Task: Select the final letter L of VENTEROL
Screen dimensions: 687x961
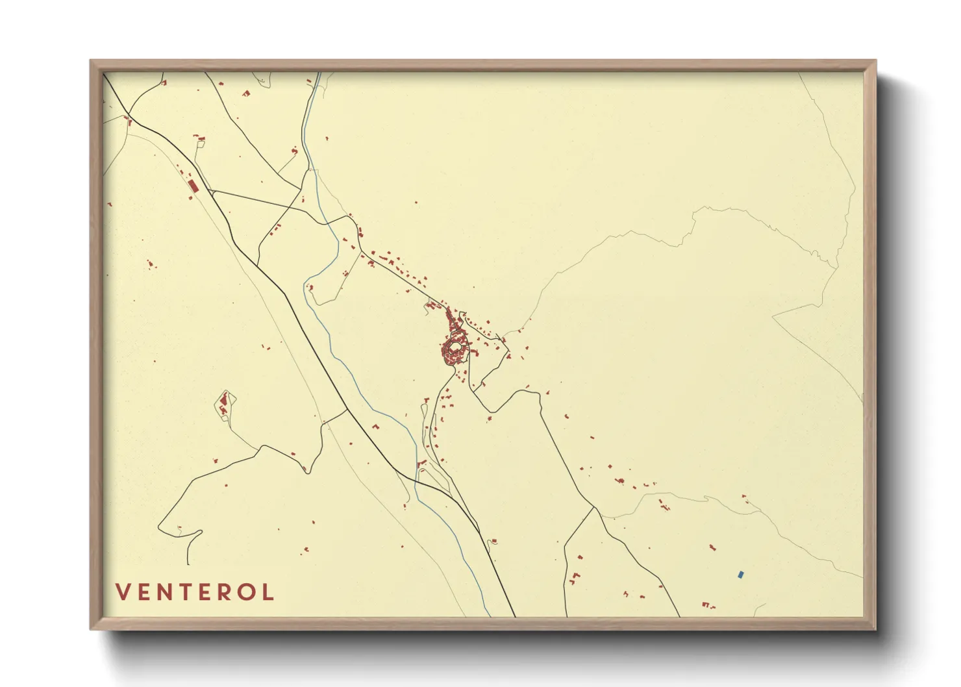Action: point(268,592)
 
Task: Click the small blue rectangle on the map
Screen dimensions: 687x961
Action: point(741,574)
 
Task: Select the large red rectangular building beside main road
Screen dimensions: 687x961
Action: point(193,186)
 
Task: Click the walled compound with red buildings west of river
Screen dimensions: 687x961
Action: point(225,405)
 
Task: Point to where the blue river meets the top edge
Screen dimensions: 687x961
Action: point(319,73)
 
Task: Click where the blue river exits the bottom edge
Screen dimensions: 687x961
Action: point(490,616)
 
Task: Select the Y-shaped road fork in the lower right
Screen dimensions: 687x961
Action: point(594,508)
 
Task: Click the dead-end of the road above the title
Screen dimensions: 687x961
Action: point(188,564)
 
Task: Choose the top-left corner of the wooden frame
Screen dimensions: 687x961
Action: point(91,61)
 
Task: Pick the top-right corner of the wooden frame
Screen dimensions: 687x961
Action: point(875,61)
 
